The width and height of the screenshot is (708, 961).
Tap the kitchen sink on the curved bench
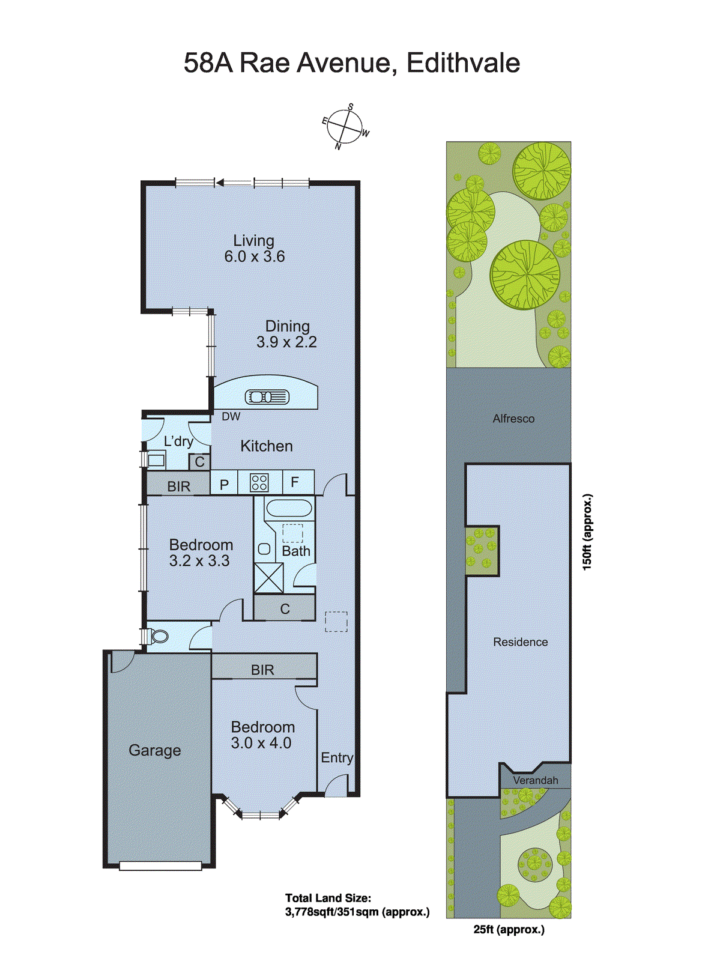click(267, 397)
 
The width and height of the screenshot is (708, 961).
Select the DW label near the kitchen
click(231, 416)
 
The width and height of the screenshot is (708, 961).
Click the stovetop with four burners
click(259, 482)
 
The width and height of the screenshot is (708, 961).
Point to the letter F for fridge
click(295, 482)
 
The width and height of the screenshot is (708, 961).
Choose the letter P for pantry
click(224, 484)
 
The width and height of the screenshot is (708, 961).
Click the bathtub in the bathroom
click(289, 509)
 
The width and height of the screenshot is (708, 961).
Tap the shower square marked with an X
click(268, 578)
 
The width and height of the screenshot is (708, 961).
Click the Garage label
click(154, 750)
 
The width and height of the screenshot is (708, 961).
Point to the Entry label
click(337, 757)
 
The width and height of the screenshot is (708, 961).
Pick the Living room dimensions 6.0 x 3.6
click(255, 256)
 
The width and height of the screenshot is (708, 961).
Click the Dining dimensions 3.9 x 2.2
click(286, 342)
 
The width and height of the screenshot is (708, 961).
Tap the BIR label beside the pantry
click(178, 486)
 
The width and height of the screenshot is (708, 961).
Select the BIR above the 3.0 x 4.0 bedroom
click(262, 670)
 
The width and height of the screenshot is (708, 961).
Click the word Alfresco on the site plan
click(513, 419)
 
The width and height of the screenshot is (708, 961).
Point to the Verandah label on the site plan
click(535, 780)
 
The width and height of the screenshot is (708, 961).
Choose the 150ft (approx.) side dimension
click(587, 532)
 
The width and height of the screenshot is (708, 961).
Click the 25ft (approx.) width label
click(509, 929)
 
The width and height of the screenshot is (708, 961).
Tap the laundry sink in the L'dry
click(156, 461)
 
